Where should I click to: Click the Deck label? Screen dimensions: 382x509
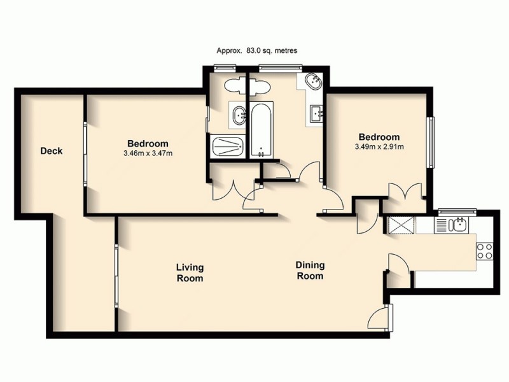(x=51, y=151)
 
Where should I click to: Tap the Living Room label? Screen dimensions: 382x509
(x=190, y=273)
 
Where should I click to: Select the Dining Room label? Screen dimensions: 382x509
(x=310, y=271)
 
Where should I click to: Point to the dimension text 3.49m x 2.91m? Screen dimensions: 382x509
(x=379, y=147)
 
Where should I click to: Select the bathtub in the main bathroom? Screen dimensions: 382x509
(x=261, y=131)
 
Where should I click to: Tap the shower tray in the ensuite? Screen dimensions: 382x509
(x=227, y=147)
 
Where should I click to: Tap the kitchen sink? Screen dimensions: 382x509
(x=452, y=225)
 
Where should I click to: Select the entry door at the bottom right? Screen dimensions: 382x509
(x=382, y=316)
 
